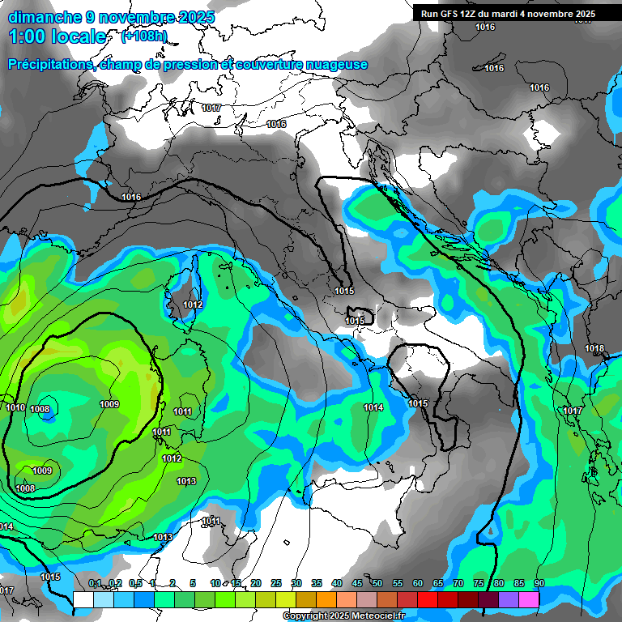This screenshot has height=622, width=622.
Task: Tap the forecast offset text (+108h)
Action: point(144,36)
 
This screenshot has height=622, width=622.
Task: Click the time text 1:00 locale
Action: point(58,36)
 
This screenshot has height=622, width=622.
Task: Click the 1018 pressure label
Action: point(594,349)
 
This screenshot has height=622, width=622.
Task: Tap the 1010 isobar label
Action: point(15,407)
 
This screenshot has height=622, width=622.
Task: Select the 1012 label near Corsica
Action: point(193,305)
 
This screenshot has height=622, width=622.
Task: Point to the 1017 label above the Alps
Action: point(211,108)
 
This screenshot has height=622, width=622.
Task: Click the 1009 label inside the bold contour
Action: point(109,404)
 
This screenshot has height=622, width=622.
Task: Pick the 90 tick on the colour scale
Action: point(539,584)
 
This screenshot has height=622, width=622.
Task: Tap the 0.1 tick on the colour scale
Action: point(95,584)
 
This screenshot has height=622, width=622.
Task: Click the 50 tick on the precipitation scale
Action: point(377,584)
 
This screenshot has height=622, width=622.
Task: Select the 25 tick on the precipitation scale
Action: point(276,584)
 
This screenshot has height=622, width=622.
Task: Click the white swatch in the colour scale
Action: point(83,599)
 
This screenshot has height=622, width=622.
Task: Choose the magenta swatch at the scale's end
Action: point(529,599)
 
